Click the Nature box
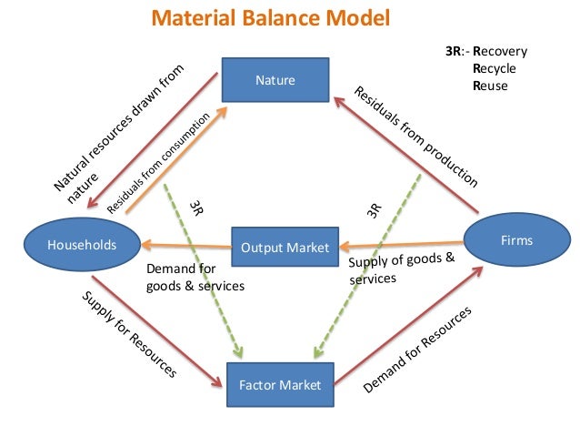pos(275,80)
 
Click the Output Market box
pos(285,247)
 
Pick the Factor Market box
pos(279,385)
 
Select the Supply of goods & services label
pos(400,269)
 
